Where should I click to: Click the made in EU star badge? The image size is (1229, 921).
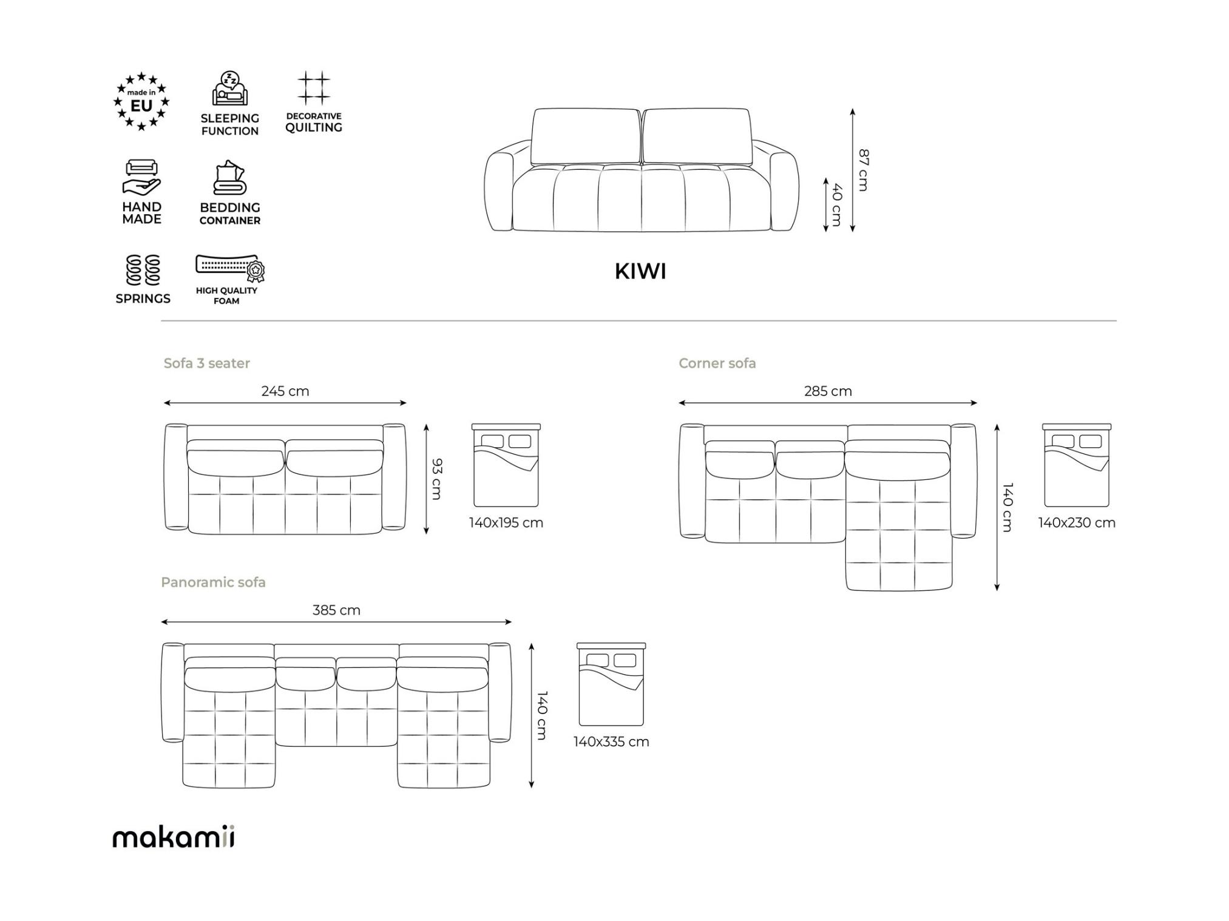coord(141,101)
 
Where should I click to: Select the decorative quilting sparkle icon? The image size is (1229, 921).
coord(314,89)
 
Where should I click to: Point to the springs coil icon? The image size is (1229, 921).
coord(143,270)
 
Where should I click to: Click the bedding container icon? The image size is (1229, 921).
coord(230,178)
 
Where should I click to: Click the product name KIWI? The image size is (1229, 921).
coord(640,271)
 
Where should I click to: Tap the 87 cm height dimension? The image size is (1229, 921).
coord(863,170)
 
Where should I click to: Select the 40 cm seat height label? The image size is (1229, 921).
coord(836,205)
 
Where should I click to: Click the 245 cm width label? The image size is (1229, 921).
coord(285,391)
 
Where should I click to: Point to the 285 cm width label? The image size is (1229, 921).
coord(828,391)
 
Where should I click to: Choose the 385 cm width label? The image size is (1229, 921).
coord(336,610)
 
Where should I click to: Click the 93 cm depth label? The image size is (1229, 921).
coord(436,479)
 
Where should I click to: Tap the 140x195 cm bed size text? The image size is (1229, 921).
coord(506,523)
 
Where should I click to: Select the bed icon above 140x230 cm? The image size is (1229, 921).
coord(1077,465)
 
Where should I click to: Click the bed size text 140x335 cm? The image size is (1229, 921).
coord(611,742)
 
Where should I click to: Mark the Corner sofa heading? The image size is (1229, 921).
coord(717,363)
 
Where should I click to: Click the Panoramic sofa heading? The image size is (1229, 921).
coord(213,582)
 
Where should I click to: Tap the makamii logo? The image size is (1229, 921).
coord(174,837)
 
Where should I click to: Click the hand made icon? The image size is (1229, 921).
coord(142,177)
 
